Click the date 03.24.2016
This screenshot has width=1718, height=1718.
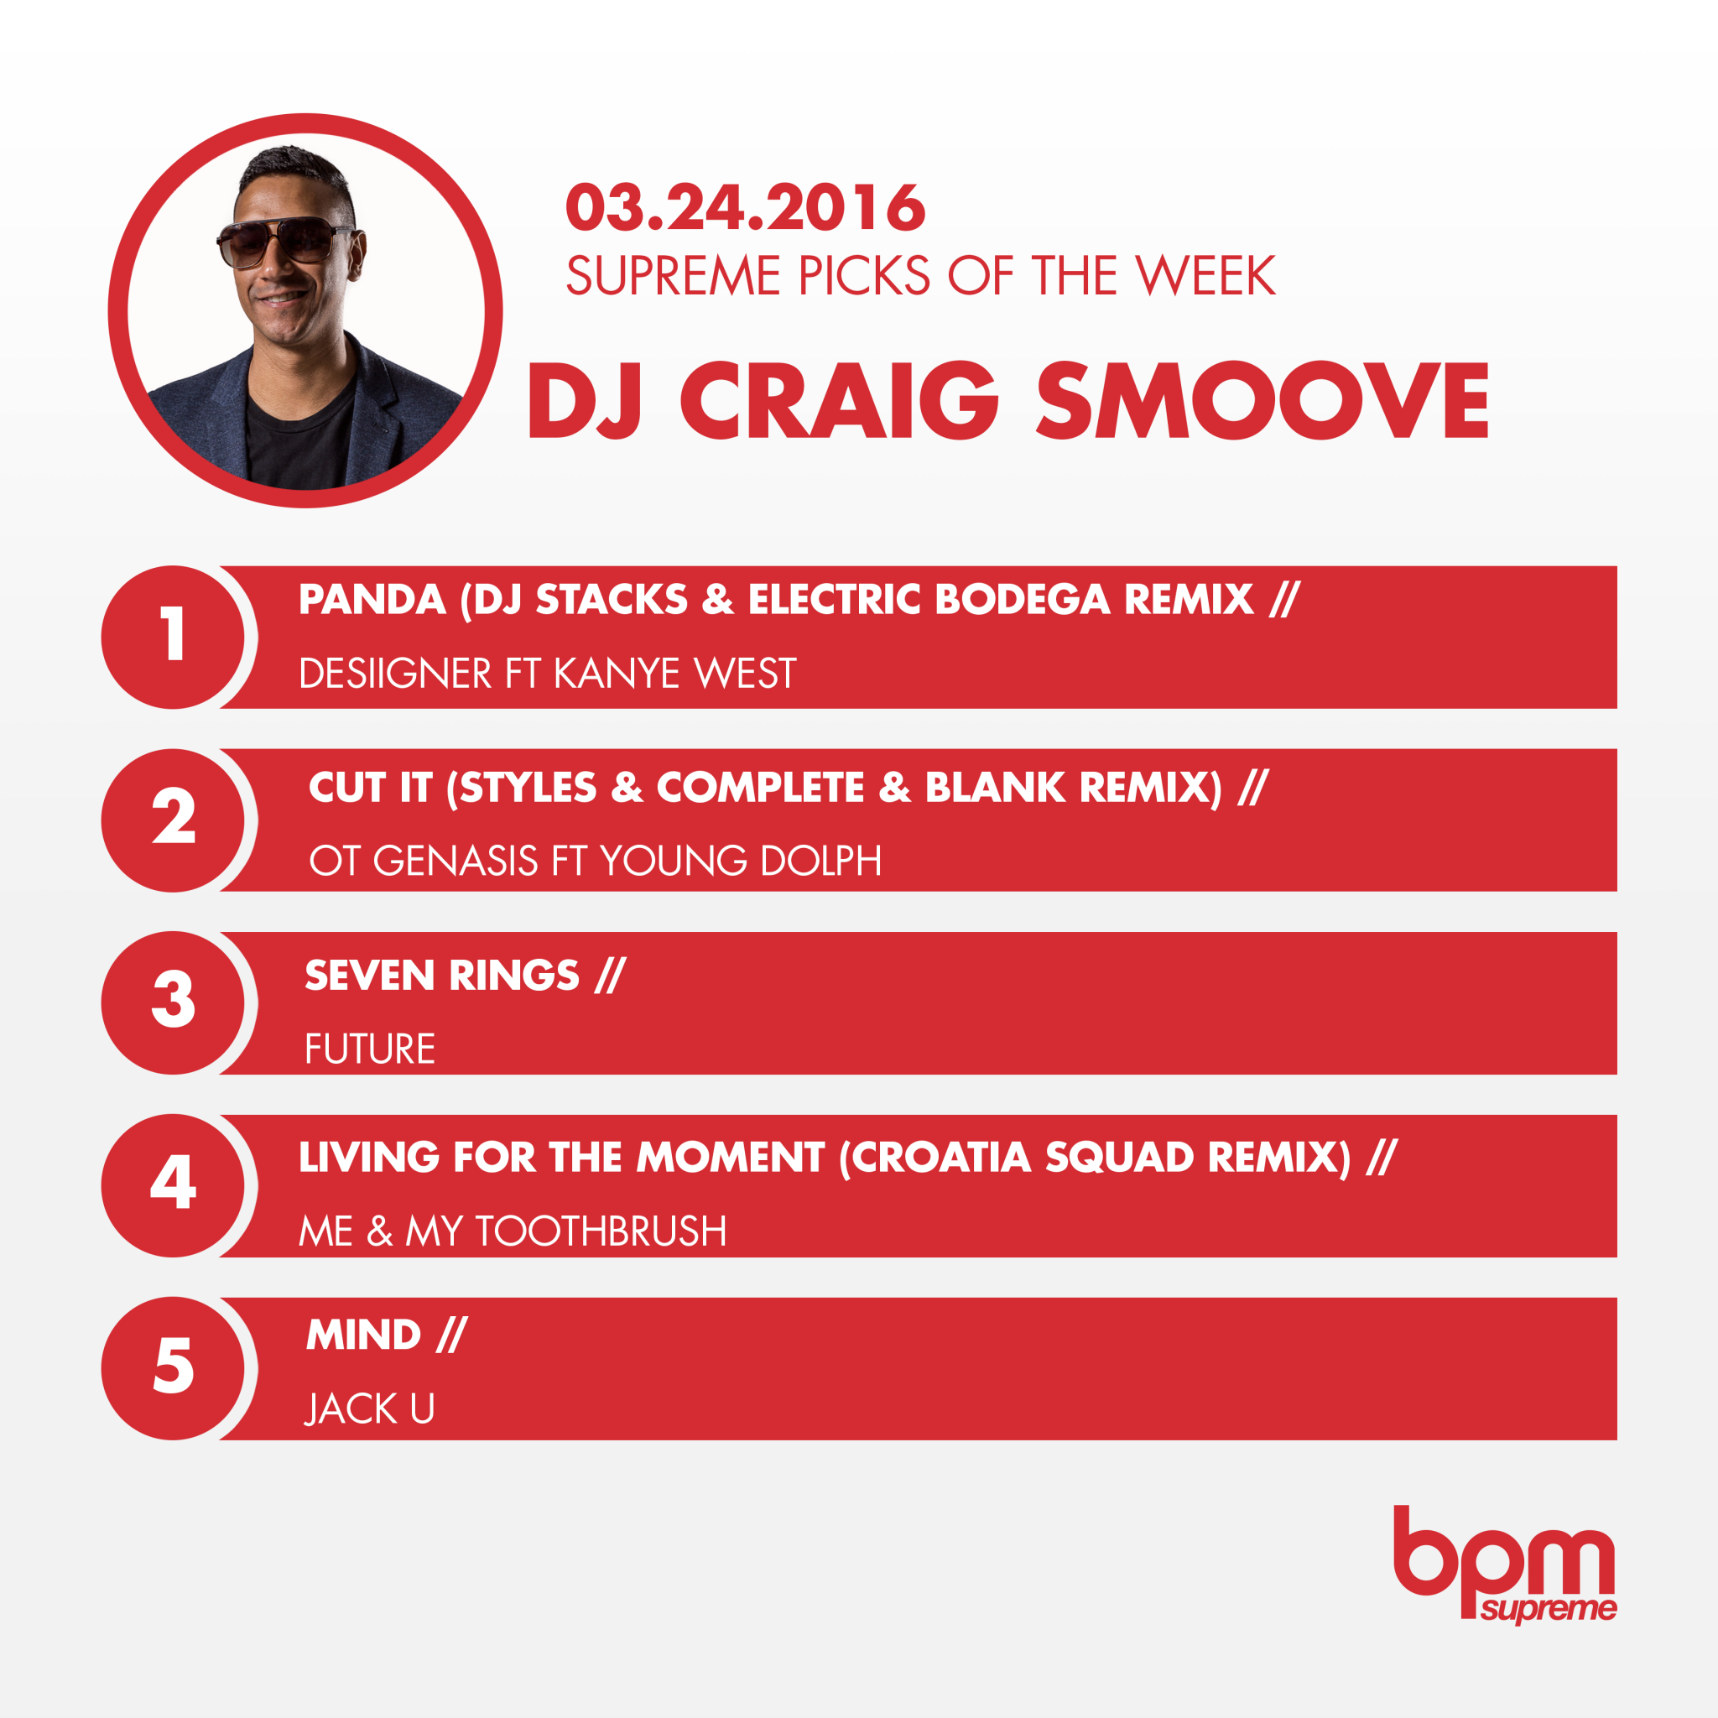coord(745,208)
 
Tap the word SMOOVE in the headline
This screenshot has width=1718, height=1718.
coord(1262,401)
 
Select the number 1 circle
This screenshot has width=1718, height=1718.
coord(174,637)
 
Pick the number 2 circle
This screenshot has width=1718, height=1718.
coord(174,820)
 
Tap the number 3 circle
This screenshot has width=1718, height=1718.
coord(174,1002)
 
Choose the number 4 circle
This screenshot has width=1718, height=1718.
coord(174,1185)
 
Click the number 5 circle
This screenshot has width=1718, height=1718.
coord(174,1368)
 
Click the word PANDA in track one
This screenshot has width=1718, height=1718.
coord(372,599)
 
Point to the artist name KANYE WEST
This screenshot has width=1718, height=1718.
coord(675,673)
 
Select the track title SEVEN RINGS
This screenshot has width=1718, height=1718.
coord(442,976)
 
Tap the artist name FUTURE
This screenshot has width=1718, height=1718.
coord(370,1049)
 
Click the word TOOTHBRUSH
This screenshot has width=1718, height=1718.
coord(601,1231)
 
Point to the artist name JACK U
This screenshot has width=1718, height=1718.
coord(370,1409)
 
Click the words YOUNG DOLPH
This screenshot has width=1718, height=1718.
coord(741,861)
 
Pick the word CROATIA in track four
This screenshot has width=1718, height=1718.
coord(936,1158)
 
